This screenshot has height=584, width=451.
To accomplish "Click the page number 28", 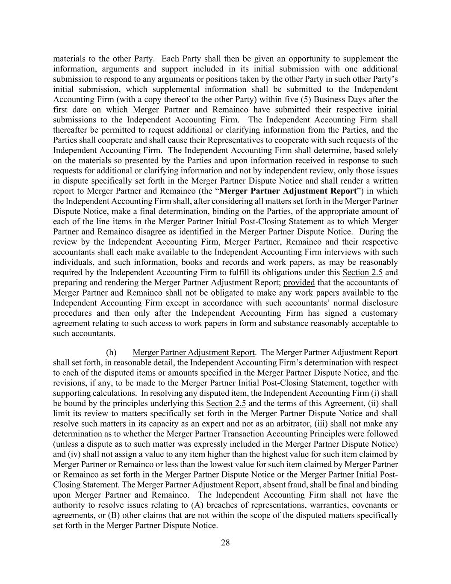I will point(225,543).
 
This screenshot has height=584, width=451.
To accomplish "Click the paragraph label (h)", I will point(111,353).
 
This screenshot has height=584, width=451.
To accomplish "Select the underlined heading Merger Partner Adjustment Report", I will point(194,353).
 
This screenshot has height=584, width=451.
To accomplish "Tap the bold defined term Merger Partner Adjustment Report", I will point(288,191).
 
